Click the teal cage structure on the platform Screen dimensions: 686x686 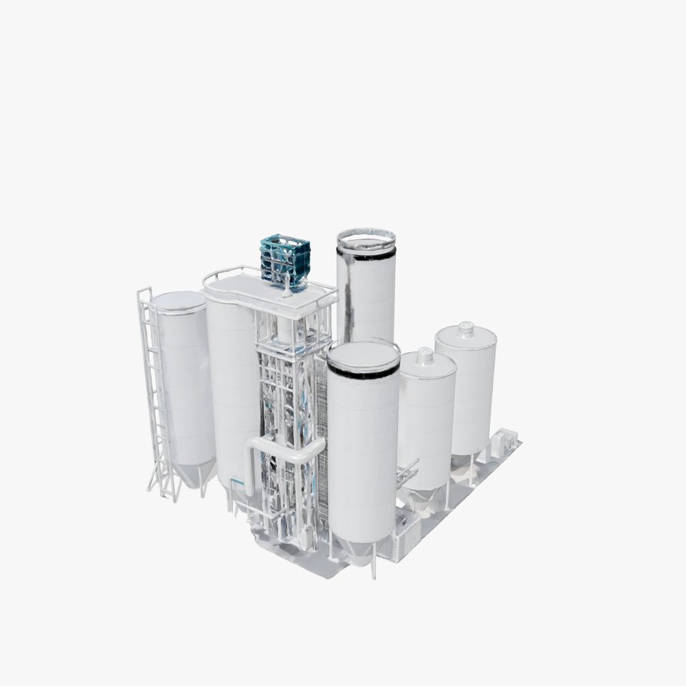285,258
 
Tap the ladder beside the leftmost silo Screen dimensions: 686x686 155,393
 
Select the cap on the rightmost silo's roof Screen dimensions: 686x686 466,329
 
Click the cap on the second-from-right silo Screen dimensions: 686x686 425,355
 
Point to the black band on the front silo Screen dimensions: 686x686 363,372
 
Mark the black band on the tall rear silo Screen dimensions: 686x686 366,254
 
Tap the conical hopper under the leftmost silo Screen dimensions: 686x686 194,474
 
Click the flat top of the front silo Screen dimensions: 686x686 363,354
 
